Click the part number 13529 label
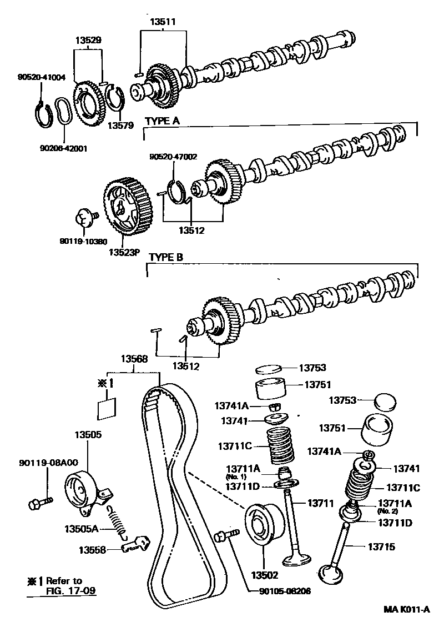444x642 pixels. point(88,41)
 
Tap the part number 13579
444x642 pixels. point(121,126)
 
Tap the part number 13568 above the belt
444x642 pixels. point(135,359)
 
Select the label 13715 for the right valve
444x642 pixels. point(381,547)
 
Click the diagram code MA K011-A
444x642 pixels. point(407,610)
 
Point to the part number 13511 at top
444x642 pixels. point(163,22)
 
